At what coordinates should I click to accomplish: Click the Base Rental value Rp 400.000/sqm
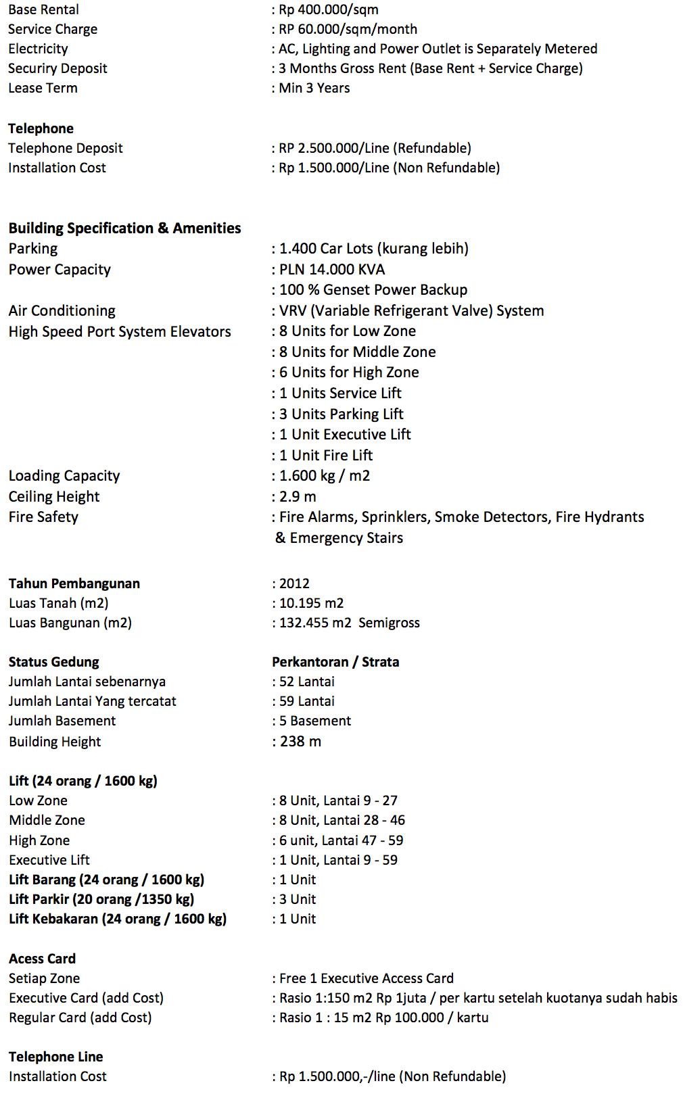point(328,9)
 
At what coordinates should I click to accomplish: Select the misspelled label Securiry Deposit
point(57,68)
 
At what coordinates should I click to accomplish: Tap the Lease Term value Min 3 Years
point(314,88)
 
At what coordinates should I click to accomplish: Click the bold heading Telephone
point(41,128)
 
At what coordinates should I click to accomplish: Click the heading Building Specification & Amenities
point(124,228)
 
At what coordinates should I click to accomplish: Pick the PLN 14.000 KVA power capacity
point(331,269)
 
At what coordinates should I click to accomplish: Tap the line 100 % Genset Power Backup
point(373,289)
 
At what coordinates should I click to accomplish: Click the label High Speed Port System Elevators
point(120,331)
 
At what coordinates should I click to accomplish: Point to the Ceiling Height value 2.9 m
point(298,496)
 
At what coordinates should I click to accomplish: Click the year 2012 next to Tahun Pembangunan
point(294,583)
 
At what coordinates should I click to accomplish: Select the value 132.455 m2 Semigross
point(349,623)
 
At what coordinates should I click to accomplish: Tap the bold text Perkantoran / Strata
point(335,662)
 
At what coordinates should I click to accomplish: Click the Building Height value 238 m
point(300,742)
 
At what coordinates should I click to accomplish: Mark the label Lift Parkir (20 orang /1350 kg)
point(101,899)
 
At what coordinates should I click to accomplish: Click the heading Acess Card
point(42,959)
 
